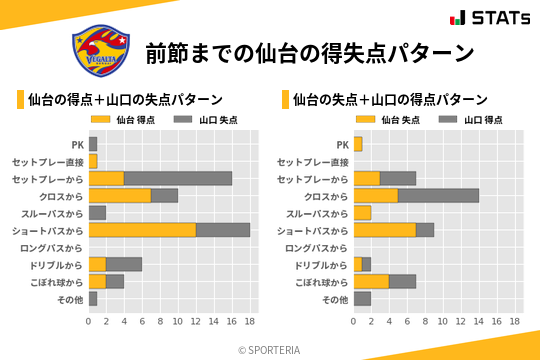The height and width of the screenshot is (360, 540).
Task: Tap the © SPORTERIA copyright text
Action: (x=269, y=350)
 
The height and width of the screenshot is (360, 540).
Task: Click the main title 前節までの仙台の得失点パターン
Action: (x=309, y=52)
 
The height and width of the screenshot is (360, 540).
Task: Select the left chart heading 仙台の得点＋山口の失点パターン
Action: (x=125, y=100)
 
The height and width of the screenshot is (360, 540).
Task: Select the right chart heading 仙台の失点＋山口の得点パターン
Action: (x=390, y=100)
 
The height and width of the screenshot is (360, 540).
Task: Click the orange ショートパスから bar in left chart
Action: (x=142, y=230)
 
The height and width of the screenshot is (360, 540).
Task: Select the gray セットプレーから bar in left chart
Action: (x=178, y=178)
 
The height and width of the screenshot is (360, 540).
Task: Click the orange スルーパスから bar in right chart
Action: (x=362, y=213)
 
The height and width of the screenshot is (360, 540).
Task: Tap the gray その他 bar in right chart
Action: (x=362, y=299)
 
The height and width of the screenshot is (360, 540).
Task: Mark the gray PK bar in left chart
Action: (x=93, y=144)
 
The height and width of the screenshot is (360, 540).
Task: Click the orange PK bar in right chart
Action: (x=357, y=144)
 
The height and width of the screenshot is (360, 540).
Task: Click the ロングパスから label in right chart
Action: (x=317, y=248)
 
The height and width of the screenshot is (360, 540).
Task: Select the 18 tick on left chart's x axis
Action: (x=250, y=322)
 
